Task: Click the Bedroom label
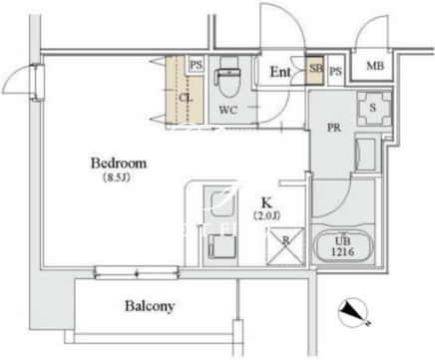click(x=119, y=164)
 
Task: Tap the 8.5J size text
click(x=116, y=179)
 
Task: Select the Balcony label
click(x=150, y=306)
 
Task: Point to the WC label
click(x=228, y=110)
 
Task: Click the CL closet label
click(x=186, y=98)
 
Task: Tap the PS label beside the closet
click(x=197, y=65)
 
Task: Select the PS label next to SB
click(x=335, y=71)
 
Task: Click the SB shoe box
click(x=314, y=70)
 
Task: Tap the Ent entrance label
click(x=280, y=72)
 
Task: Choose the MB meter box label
click(x=375, y=66)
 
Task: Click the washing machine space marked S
click(x=374, y=108)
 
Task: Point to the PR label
click(x=334, y=128)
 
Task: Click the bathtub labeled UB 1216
click(x=342, y=246)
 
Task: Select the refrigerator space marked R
click(x=285, y=246)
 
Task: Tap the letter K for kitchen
click(x=265, y=202)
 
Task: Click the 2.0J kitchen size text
click(x=266, y=216)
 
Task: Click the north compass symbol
click(x=353, y=312)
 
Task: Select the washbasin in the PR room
click(x=365, y=153)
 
